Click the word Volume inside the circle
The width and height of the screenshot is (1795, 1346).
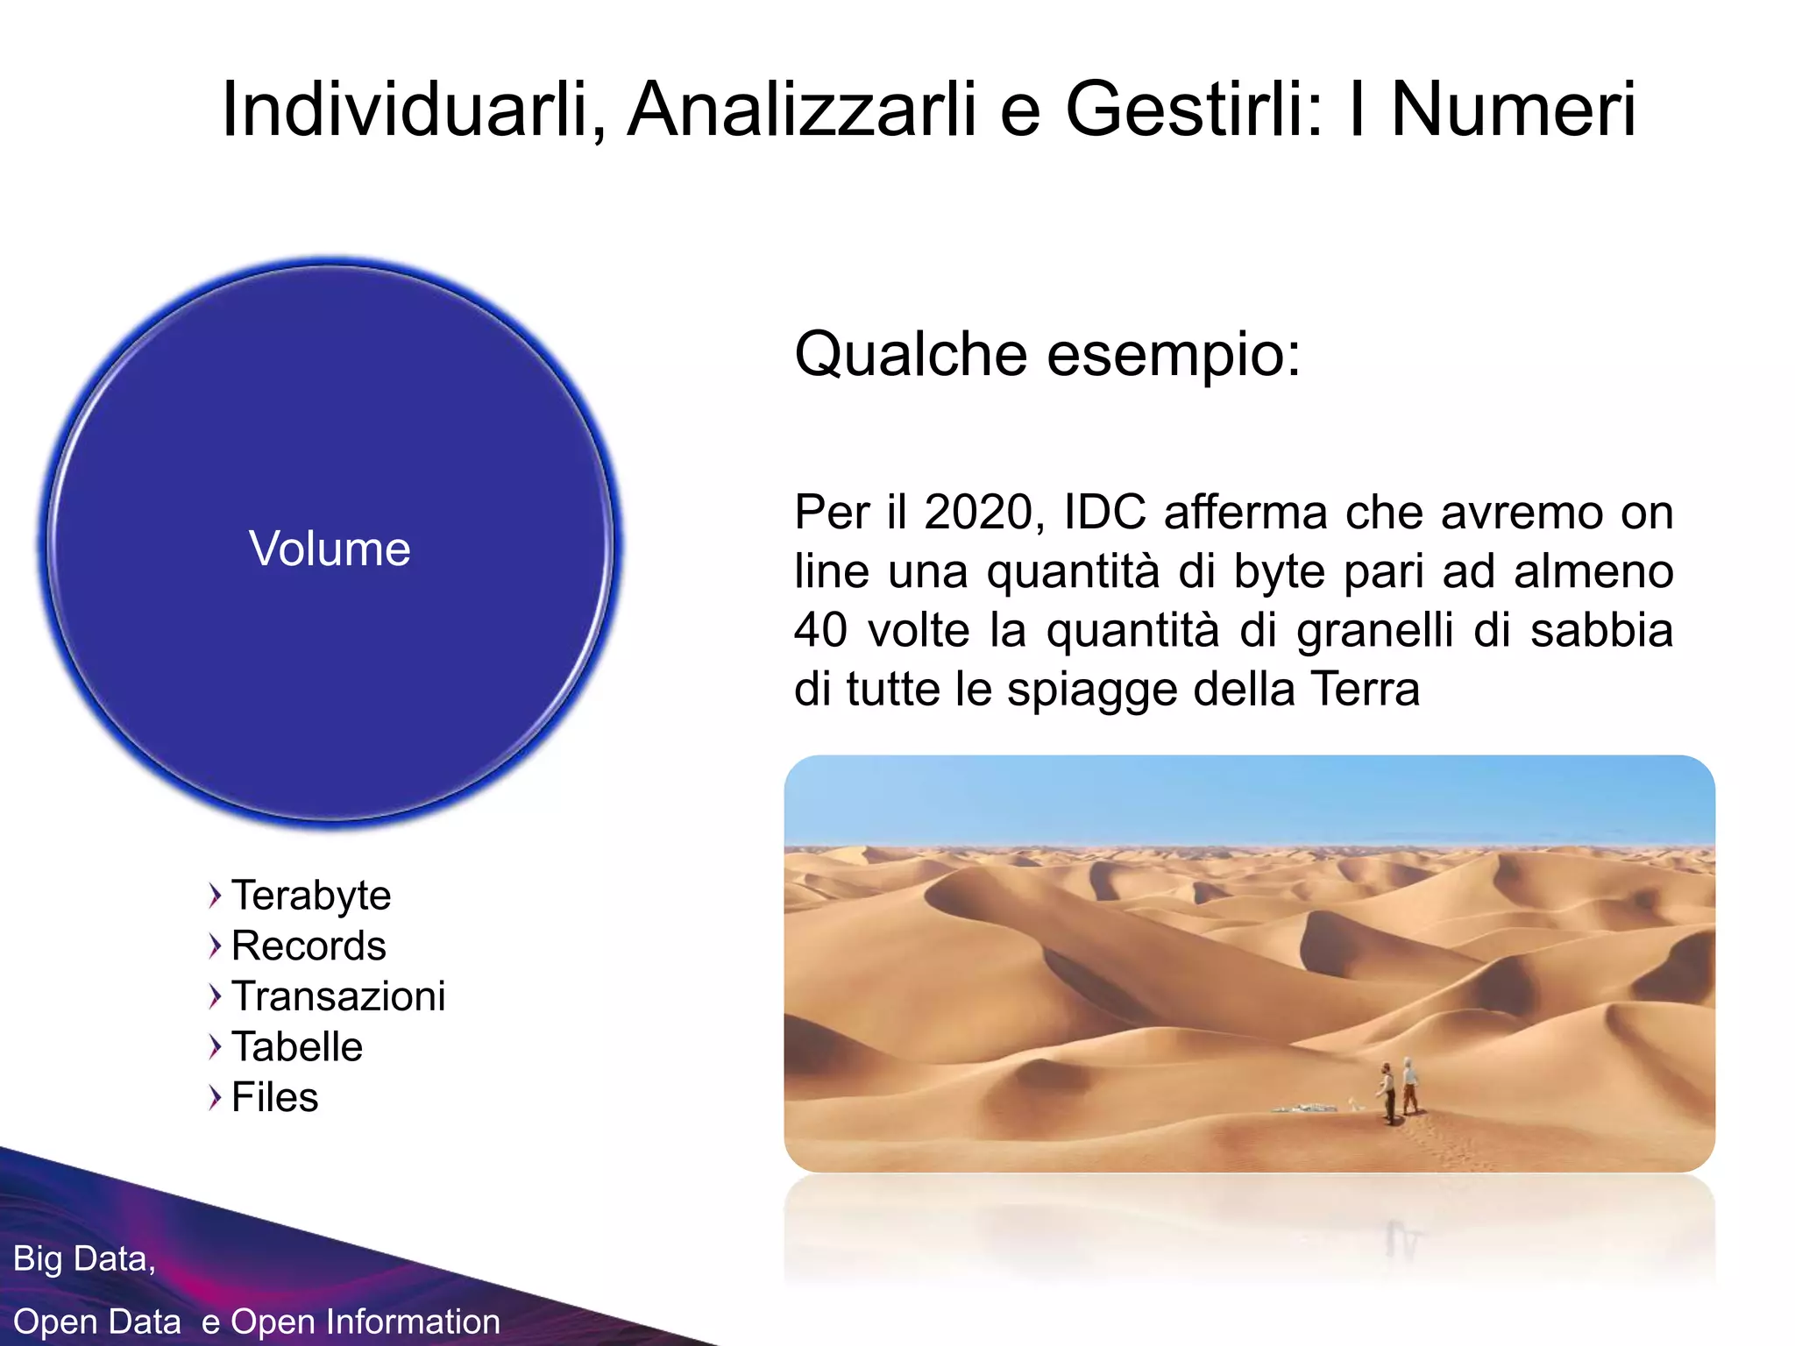[330, 549]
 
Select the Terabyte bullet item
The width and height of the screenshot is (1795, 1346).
[311, 896]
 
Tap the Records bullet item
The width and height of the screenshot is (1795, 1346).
[309, 946]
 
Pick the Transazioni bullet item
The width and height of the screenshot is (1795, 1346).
[338, 996]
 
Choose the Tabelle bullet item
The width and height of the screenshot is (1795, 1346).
[297, 1047]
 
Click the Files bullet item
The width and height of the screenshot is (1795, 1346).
[274, 1097]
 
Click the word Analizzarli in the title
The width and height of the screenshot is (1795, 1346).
[801, 110]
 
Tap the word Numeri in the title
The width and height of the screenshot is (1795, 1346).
[1514, 110]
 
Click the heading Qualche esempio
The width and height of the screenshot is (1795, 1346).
[1047, 355]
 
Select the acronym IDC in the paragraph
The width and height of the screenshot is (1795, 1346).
[1104, 513]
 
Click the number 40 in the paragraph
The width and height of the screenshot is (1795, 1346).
[820, 630]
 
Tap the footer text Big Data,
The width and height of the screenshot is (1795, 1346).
[84, 1258]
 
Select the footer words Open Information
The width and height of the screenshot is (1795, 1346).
[365, 1321]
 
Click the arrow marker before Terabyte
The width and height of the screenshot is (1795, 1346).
[215, 896]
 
